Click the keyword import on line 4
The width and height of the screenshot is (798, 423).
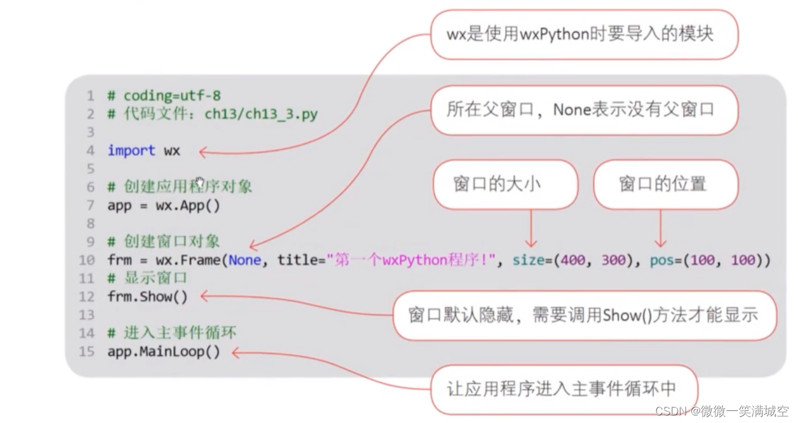coord(131,150)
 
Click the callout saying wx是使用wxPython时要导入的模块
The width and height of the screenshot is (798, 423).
coord(580,34)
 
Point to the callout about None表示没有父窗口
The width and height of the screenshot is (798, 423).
coord(580,109)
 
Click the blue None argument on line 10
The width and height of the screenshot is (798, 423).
coord(245,260)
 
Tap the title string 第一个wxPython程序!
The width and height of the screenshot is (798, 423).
coord(411,260)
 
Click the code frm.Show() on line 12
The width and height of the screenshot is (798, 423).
coord(147,297)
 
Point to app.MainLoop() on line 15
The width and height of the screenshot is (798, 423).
coord(164,352)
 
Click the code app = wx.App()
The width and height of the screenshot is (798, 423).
coord(164,205)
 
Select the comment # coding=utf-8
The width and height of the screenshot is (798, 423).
coord(164,95)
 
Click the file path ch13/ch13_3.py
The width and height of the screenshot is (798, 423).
coord(261,114)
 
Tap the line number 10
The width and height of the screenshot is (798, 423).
coord(87,260)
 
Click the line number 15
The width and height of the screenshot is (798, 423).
coord(87,352)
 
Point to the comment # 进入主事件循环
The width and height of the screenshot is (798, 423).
coord(172,333)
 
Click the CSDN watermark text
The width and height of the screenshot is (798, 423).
coord(721,412)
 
